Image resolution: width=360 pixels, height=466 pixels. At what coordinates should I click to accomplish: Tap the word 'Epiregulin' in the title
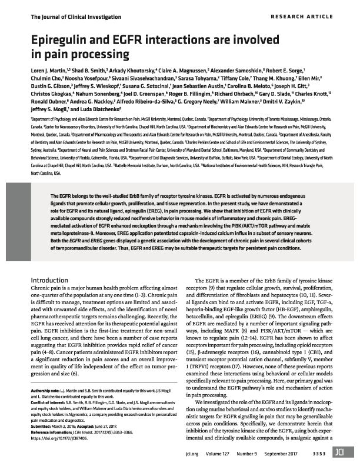[x=59, y=42]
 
